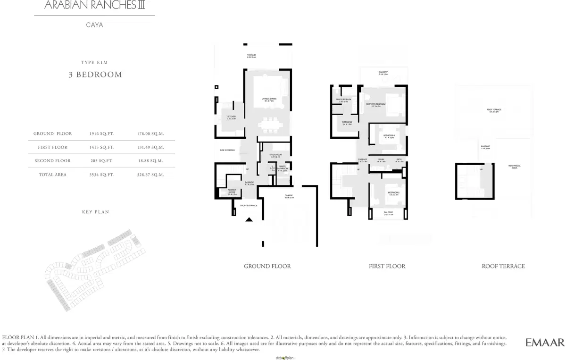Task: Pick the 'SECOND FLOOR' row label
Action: pyautogui.click(x=53, y=161)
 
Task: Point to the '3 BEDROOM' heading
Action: pyautogui.click(x=95, y=75)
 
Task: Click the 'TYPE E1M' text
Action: pyautogui.click(x=95, y=62)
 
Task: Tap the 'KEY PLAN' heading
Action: pyautogui.click(x=95, y=212)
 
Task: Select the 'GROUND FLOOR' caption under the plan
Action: pyautogui.click(x=267, y=266)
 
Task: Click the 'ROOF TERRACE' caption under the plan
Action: pyautogui.click(x=503, y=266)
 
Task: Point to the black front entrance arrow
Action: pyautogui.click(x=249, y=219)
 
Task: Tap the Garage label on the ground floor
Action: pyautogui.click(x=289, y=196)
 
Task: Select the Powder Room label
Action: pyautogui.click(x=232, y=191)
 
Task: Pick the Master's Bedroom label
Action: pyautogui.click(x=376, y=105)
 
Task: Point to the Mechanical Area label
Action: pyautogui.click(x=514, y=167)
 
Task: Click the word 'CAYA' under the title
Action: pyautogui.click(x=95, y=25)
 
